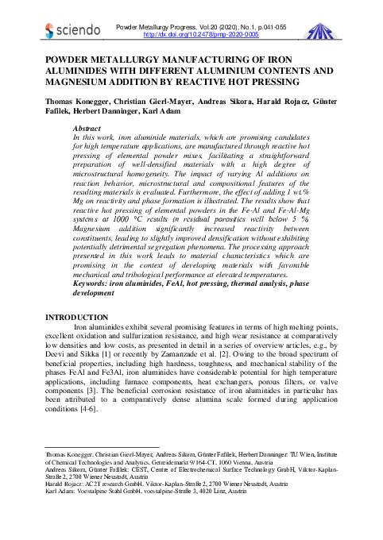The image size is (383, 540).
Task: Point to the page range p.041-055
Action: pos(269,27)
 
